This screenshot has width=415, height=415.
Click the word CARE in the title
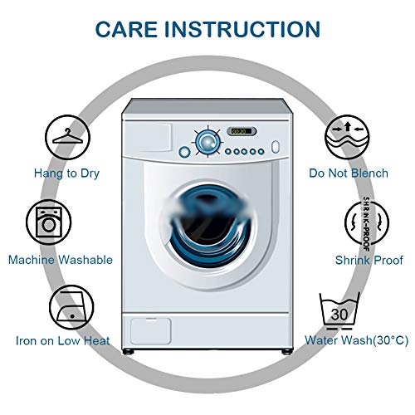point(126,29)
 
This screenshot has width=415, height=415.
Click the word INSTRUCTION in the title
point(242,29)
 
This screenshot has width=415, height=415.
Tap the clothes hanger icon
point(68,137)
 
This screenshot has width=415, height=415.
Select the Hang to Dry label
point(66,173)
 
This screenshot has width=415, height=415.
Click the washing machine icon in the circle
point(49,222)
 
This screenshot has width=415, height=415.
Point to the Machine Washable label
point(61,260)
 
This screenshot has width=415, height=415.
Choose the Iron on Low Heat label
point(63,340)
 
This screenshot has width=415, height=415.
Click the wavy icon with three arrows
point(347,137)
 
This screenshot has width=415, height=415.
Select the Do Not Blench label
point(349,173)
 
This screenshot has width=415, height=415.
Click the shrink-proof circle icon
point(367,222)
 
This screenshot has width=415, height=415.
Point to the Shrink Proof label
point(369,260)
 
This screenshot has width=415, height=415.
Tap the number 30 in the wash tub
point(339,315)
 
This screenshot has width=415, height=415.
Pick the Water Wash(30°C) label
point(356,340)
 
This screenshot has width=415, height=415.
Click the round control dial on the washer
point(207,142)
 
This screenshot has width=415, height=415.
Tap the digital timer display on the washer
point(242,131)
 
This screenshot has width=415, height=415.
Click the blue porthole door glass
point(210,226)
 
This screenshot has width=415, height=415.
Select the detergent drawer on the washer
point(148,138)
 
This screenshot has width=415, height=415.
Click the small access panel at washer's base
point(150,331)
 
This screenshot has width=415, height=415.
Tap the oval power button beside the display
point(276,147)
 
